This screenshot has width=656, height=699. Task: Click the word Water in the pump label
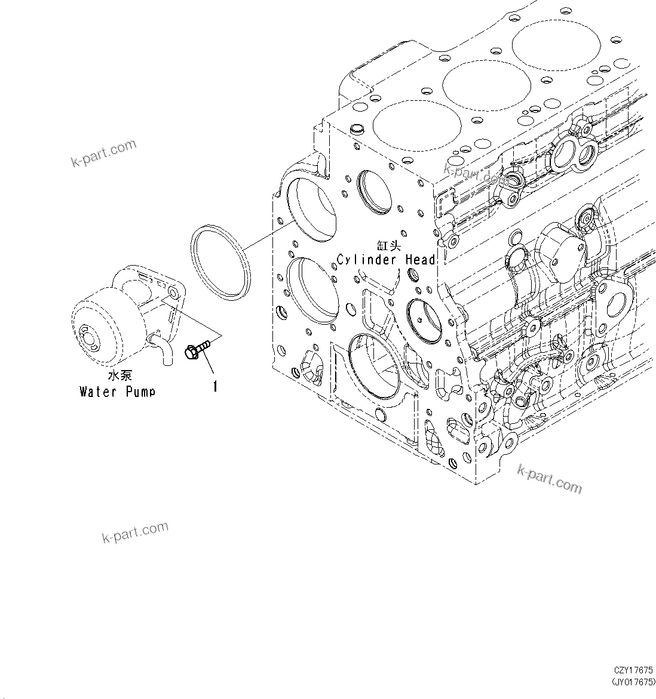click(x=99, y=392)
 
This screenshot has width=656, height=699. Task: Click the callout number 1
click(x=214, y=386)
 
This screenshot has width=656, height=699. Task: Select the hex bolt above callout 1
click(x=197, y=350)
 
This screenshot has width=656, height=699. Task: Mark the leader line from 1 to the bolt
click(x=207, y=365)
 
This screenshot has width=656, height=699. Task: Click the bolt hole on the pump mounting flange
click(x=172, y=294)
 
